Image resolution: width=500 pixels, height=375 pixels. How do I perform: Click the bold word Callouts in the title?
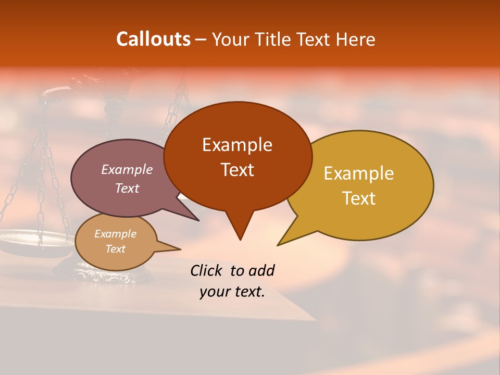coord(153,39)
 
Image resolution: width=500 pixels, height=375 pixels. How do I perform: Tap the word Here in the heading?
coord(356,40)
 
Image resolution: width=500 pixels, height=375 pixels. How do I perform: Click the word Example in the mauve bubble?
coord(127,169)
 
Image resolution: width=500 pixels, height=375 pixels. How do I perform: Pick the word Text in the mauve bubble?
coord(127,188)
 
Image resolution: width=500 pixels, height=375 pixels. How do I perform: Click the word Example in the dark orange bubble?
coord(237,145)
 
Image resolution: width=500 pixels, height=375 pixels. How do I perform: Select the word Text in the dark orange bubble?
coord(237,170)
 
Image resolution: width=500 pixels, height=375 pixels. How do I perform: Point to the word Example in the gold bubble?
coord(359,173)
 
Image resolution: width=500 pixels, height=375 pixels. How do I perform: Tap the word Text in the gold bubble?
coord(359,198)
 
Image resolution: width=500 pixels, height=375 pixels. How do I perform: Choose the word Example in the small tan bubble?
coord(115,234)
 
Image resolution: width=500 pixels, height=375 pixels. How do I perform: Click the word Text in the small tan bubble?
coord(115,249)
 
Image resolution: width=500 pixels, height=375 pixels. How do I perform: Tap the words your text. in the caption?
coord(232,292)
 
